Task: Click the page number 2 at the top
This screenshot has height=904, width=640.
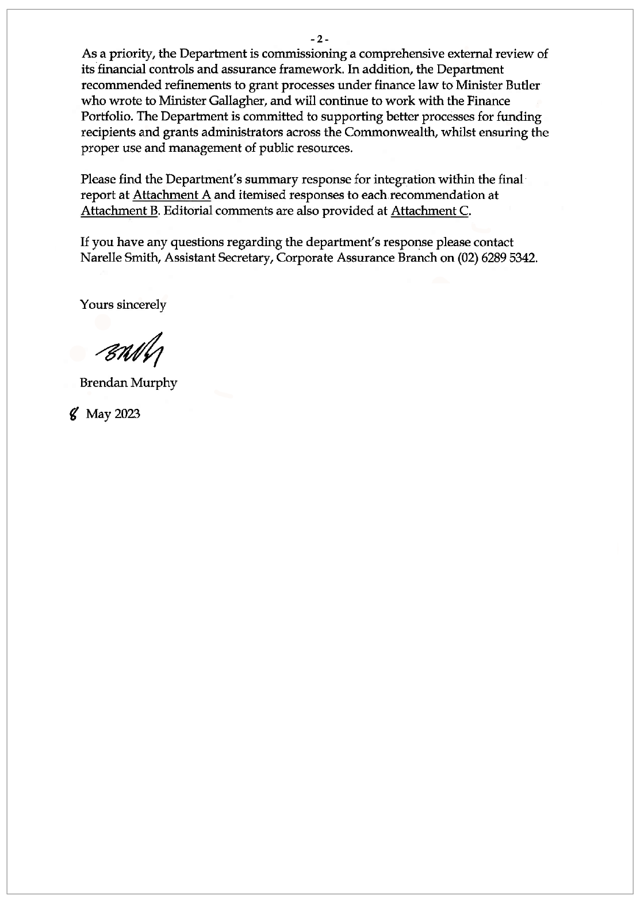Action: pos(319,40)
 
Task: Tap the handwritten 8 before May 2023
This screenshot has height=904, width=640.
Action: pos(74,413)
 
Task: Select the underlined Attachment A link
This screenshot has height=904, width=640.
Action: pos(172,195)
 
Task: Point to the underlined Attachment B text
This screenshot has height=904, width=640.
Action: pos(119,210)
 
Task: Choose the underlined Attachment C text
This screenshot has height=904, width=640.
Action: pos(429,210)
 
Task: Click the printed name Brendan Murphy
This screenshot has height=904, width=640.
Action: pos(129,382)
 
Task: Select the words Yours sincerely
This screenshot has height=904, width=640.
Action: pos(123,305)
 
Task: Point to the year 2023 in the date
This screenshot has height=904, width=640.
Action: pos(127,414)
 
